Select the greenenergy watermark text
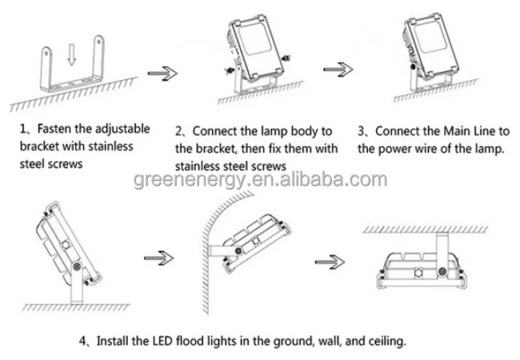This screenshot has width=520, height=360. click(260, 179)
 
